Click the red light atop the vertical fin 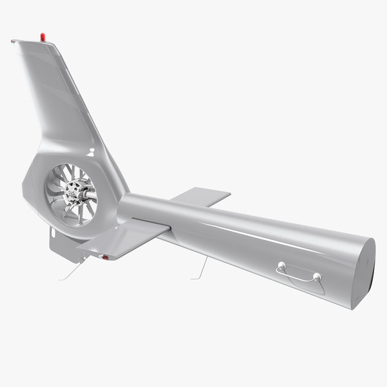(43, 37)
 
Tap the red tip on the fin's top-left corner (13, 41)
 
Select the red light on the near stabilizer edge (104, 257)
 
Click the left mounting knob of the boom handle (281, 264)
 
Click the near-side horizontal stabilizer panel (123, 237)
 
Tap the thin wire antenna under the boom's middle (201, 268)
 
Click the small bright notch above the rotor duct (92, 152)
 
